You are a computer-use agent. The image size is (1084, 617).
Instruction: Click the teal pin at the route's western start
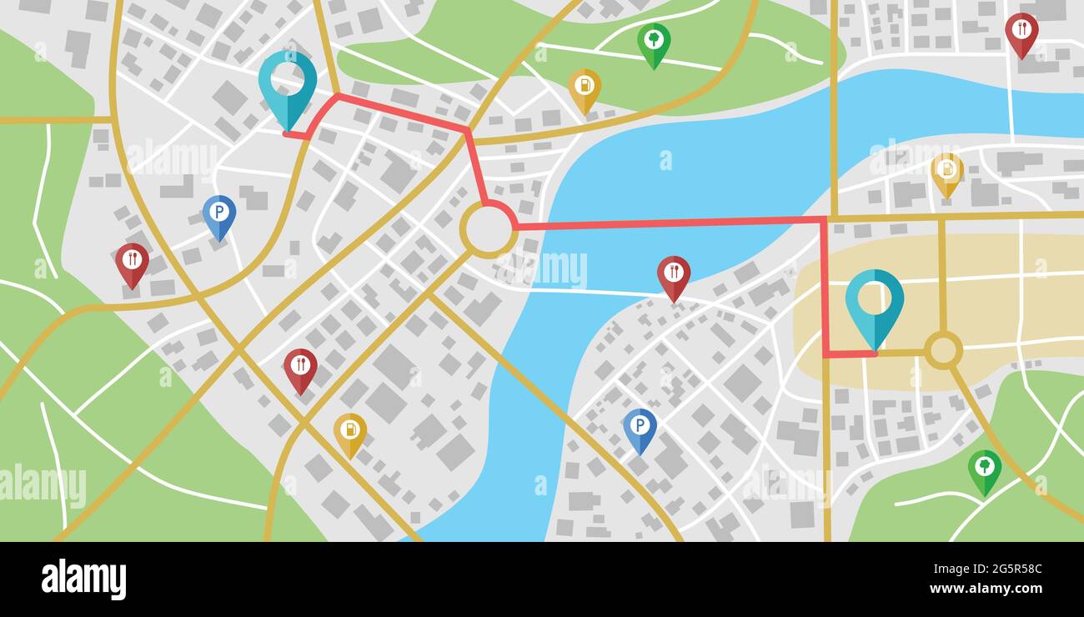point(288,82)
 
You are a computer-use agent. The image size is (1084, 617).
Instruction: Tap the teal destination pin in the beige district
point(874,301)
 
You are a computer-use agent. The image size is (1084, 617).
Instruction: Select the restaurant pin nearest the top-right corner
point(1021,31)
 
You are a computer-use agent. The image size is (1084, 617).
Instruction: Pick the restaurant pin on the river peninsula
point(673,273)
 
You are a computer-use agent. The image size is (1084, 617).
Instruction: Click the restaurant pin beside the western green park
point(132,261)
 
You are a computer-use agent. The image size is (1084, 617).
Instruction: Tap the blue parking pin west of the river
point(218,213)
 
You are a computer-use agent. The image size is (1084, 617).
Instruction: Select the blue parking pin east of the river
point(640,427)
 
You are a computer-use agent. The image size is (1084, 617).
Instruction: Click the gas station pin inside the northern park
point(585,87)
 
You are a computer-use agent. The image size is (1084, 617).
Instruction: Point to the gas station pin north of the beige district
point(946,171)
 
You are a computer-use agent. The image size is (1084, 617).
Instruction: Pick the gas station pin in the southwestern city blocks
point(350,431)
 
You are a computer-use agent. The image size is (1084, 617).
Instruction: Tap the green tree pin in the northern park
point(654,41)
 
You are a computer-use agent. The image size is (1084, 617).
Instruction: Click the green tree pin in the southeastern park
point(984,468)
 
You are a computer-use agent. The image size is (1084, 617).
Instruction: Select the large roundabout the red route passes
point(489,230)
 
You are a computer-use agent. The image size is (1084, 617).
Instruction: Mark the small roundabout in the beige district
point(943,350)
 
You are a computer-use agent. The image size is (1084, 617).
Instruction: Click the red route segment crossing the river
point(667,223)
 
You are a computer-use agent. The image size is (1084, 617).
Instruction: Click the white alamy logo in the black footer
point(83,579)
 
